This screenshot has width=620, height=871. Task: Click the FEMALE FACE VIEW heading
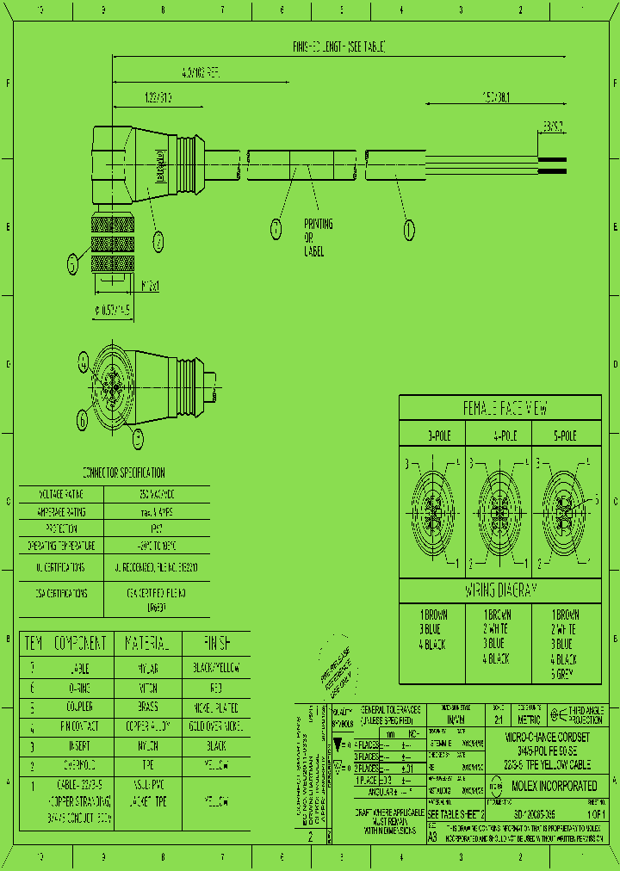click(x=505, y=409)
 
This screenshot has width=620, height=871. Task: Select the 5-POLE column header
click(x=564, y=436)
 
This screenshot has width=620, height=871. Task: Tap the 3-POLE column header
click(x=433, y=436)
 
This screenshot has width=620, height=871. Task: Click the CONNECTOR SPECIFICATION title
click(x=123, y=473)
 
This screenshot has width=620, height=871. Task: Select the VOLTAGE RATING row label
click(x=61, y=495)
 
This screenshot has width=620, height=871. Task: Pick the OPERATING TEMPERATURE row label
click(x=61, y=546)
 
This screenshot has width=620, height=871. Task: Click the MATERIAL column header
click(x=152, y=643)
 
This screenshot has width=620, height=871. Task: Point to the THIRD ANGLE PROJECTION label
click(x=586, y=713)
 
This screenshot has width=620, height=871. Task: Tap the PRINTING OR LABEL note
click(x=318, y=237)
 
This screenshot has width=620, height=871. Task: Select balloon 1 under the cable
click(x=409, y=229)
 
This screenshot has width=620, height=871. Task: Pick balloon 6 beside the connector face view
click(x=83, y=420)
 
